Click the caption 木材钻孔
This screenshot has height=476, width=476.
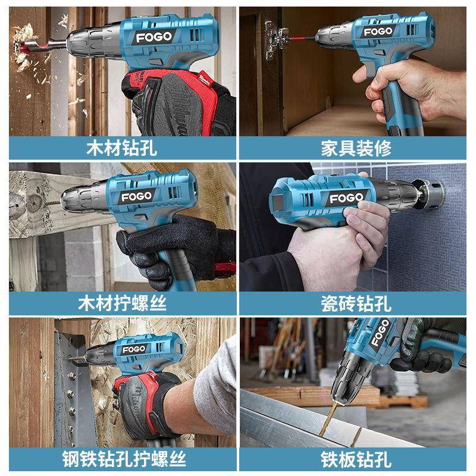[121, 148]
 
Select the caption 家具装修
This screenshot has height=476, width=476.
[356, 148]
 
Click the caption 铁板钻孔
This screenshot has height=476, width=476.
[356, 459]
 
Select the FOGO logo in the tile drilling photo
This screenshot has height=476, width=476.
[346, 198]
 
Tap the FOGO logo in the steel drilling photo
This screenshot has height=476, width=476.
[134, 349]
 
